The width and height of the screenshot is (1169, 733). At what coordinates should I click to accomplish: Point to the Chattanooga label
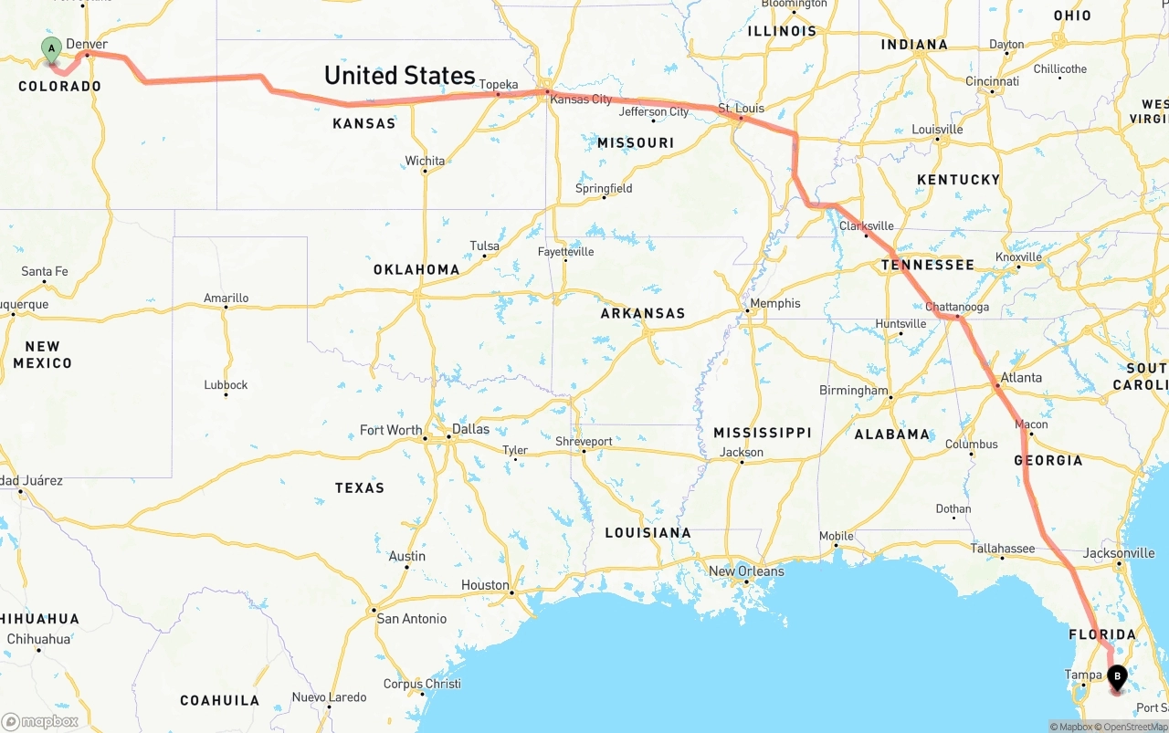pyautogui.click(x=956, y=307)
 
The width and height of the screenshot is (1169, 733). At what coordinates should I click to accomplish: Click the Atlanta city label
pyautogui.click(x=1020, y=378)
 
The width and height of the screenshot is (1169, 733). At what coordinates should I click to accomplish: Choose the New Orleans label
pyautogui.click(x=746, y=571)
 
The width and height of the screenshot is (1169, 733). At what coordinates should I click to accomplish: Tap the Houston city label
pyautogui.click(x=485, y=585)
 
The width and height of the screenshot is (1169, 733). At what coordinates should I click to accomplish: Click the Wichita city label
pyautogui.click(x=425, y=162)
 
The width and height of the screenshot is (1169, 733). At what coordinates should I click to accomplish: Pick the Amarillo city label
pyautogui.click(x=226, y=298)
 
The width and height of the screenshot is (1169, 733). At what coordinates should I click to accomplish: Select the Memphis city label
pyautogui.click(x=774, y=304)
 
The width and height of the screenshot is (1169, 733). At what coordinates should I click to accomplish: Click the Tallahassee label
pyautogui.click(x=1002, y=549)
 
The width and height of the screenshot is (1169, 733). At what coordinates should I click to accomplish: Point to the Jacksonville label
pyautogui.click(x=1118, y=553)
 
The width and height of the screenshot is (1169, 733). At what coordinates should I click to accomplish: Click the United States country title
pyautogui.click(x=399, y=75)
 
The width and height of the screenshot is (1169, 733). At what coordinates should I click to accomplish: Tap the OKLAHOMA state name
pyautogui.click(x=416, y=269)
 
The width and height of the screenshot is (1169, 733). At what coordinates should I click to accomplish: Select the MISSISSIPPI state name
pyautogui.click(x=762, y=433)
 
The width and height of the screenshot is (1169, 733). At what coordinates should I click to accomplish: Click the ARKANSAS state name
pyautogui.click(x=642, y=313)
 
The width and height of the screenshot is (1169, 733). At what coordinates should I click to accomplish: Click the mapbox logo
pyautogui.click(x=40, y=721)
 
